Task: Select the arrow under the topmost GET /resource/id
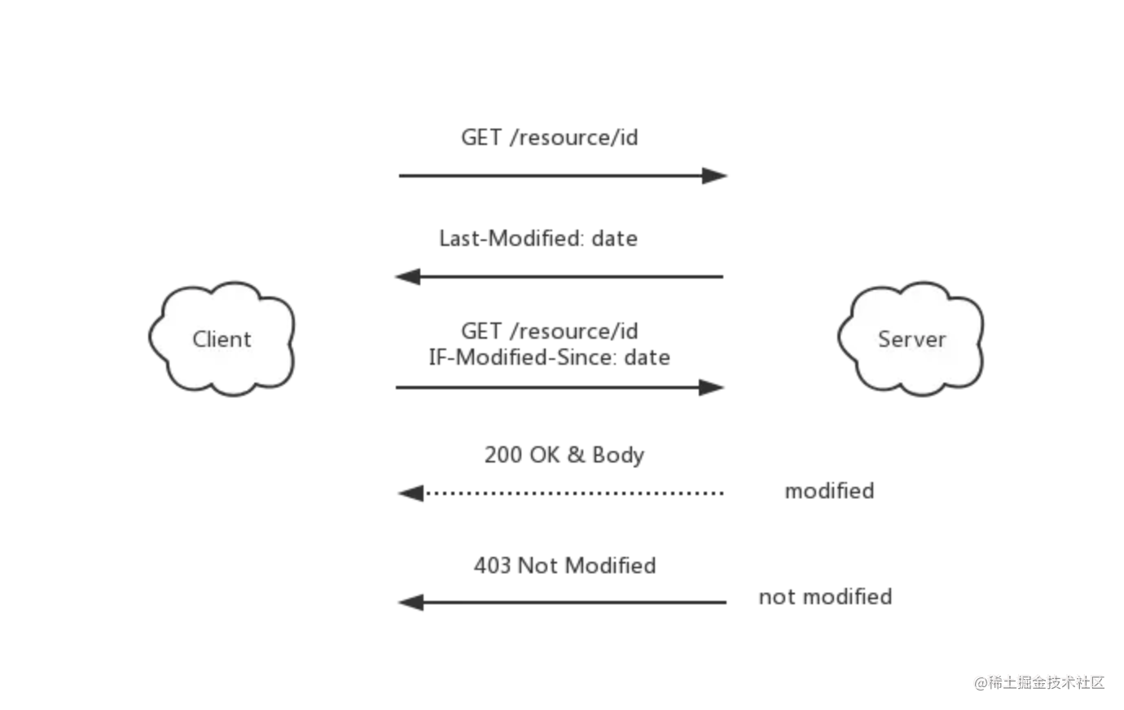[563, 176]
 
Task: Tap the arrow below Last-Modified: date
[559, 277]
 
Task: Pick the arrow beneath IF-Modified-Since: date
[560, 388]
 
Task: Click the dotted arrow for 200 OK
[560, 493]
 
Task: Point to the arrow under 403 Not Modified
[562, 603]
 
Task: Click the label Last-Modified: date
[538, 239]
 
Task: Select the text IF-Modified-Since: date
[550, 357]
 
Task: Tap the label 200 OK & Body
[564, 455]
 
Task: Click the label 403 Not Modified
[565, 566]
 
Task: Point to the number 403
[492, 566]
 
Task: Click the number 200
[503, 454]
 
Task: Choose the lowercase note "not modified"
[825, 597]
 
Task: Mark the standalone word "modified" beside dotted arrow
[829, 491]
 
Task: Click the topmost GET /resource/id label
[550, 138]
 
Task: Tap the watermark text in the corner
[1039, 682]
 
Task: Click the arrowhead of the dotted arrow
[411, 493]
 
